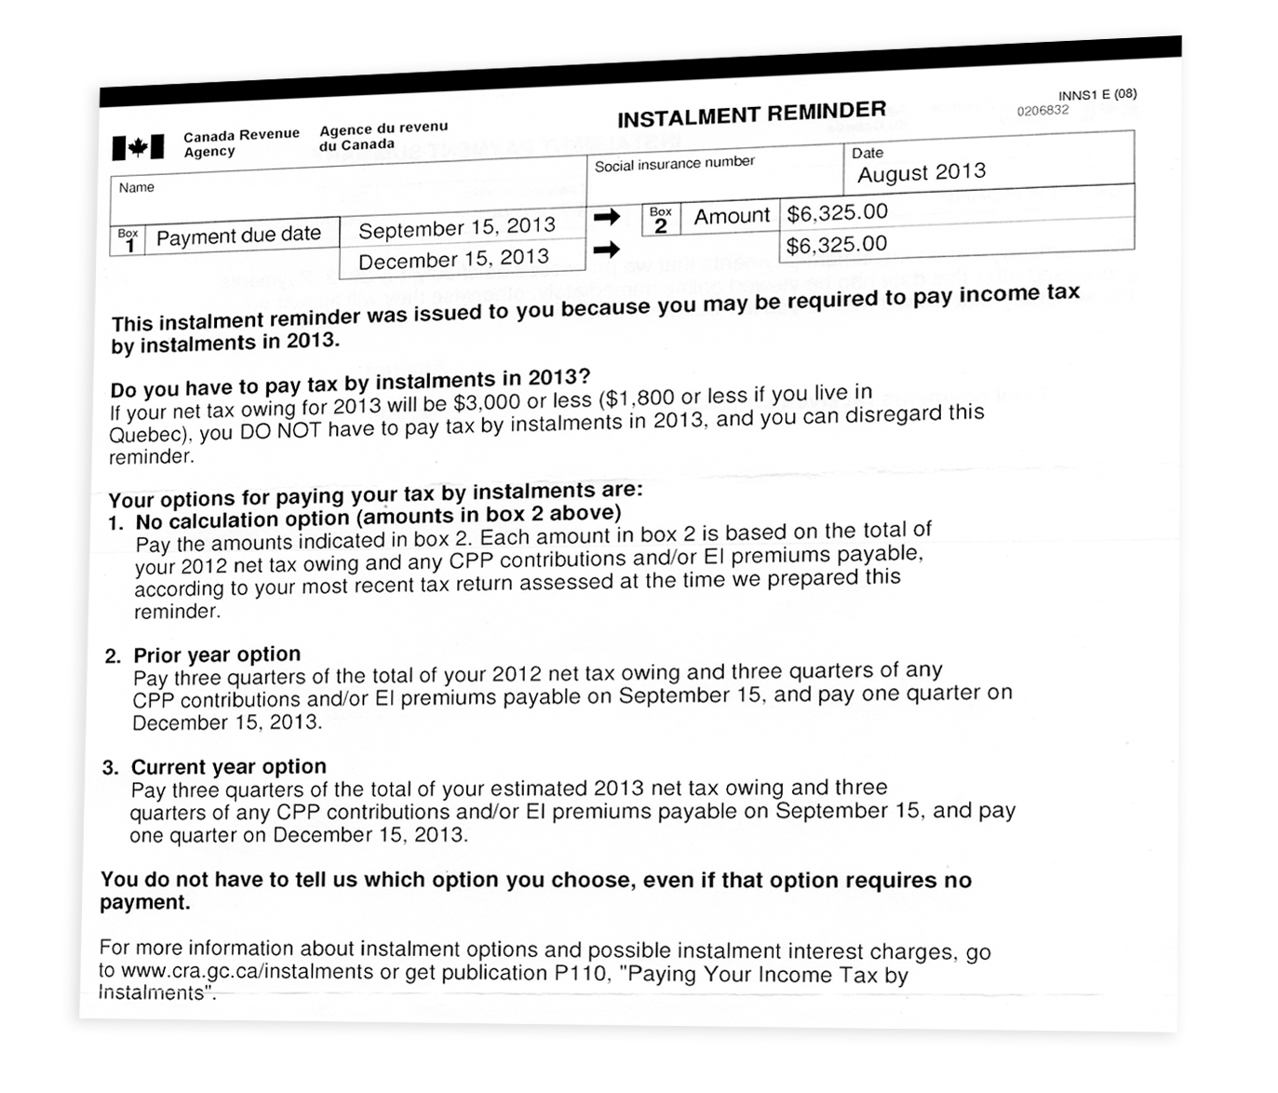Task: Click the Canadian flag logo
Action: click(x=138, y=147)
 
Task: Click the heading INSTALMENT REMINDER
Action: click(x=751, y=115)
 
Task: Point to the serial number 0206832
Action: click(x=1043, y=111)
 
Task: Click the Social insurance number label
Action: click(x=674, y=164)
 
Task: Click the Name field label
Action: click(x=137, y=188)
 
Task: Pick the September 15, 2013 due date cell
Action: click(x=456, y=228)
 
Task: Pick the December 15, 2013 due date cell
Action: click(x=453, y=260)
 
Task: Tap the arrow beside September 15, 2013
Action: click(x=607, y=217)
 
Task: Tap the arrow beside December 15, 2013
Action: click(x=607, y=249)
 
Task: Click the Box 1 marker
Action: click(x=128, y=240)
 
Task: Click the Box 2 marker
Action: click(x=661, y=220)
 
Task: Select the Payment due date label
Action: click(x=238, y=236)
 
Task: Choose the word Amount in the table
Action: click(x=732, y=216)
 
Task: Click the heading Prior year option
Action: click(x=217, y=654)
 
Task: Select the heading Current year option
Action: click(x=229, y=767)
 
